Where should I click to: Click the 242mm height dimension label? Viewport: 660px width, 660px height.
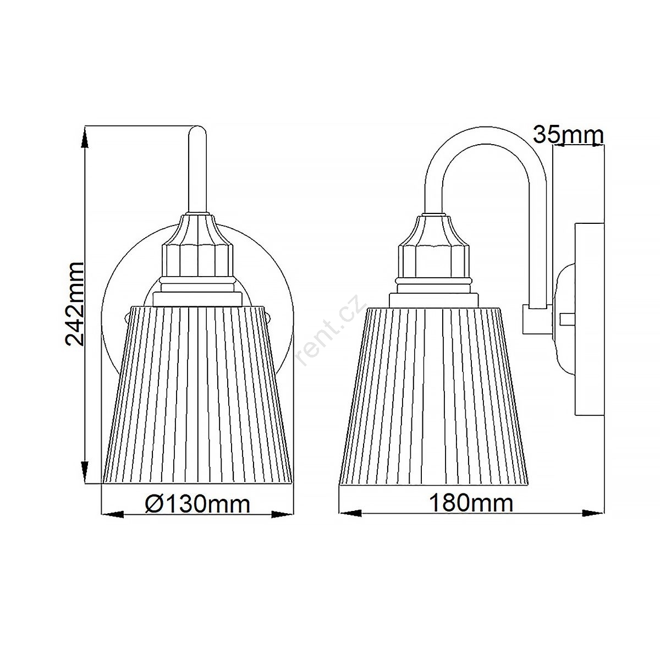[75, 304]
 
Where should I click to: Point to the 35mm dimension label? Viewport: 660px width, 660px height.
[568, 135]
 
